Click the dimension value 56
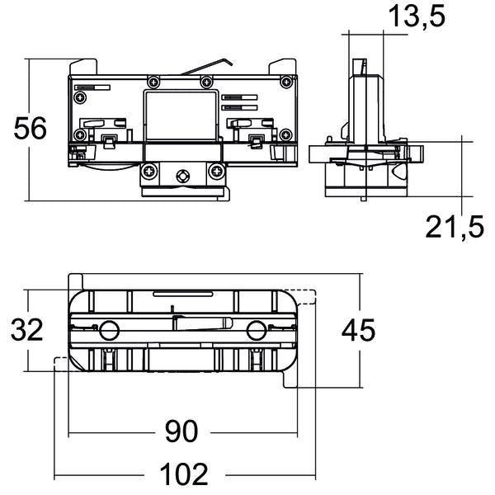click(x=31, y=128)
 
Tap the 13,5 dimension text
click(x=417, y=16)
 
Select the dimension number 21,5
click(x=455, y=226)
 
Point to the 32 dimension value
click(x=27, y=329)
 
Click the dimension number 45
click(x=358, y=330)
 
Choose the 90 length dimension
click(x=181, y=431)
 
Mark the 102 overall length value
click(x=184, y=474)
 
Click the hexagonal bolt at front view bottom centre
click(x=183, y=176)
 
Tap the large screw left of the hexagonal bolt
click(x=149, y=172)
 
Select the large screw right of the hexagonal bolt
click(x=217, y=172)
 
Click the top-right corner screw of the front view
click(x=286, y=82)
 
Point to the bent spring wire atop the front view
click(x=207, y=66)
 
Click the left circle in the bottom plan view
click(x=109, y=331)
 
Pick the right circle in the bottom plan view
click(x=257, y=331)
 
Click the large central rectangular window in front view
click(x=181, y=116)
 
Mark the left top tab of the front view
click(x=83, y=67)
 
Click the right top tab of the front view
click(x=282, y=67)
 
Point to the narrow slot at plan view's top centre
click(x=183, y=294)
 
